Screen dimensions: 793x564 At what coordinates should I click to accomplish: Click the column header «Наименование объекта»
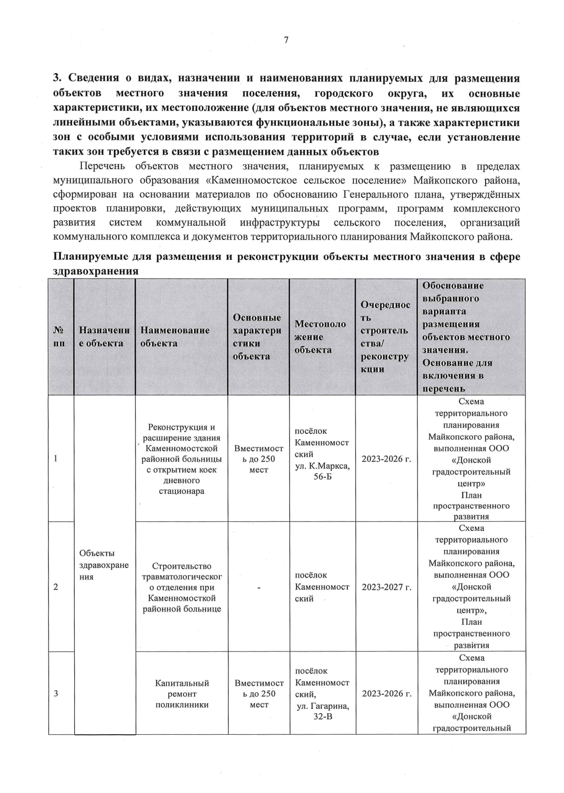pos(175,337)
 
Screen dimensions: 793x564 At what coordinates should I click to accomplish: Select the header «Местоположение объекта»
pos(320,337)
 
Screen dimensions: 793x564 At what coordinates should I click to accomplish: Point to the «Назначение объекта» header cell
pos(104,337)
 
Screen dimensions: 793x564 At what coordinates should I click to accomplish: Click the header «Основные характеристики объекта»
pos(257,337)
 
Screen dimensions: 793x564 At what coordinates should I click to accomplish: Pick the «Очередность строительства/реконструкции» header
pos(384,337)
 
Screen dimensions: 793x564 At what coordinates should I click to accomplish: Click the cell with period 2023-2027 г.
pos(386,587)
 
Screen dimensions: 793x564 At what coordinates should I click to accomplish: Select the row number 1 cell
pos(56,458)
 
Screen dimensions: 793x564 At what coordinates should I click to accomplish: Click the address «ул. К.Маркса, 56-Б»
pos(322,471)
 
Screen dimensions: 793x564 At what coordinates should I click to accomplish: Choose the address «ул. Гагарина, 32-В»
pos(322,711)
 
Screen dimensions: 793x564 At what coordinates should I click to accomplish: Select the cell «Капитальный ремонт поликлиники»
pos(182,694)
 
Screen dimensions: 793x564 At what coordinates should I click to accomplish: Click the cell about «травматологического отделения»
pos(182,587)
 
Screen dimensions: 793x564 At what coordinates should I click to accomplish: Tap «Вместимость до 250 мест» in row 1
pos(258,459)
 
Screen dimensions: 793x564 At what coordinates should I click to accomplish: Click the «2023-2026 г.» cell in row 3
pos(386,693)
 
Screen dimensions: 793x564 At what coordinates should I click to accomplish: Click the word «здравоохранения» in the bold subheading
pos(95,271)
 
